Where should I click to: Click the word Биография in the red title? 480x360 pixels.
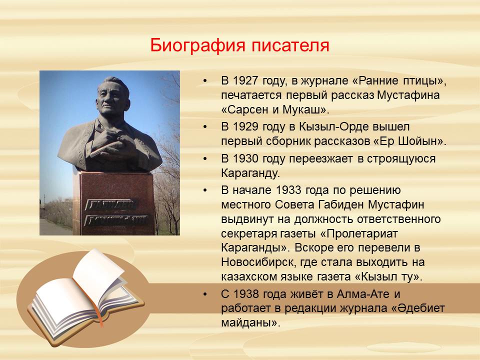coord(198,45)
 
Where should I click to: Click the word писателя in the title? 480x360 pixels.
coord(290,45)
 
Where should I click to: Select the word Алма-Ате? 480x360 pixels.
coord(363,294)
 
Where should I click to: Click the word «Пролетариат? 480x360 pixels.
coord(359,234)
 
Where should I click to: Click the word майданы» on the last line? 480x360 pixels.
coord(250,323)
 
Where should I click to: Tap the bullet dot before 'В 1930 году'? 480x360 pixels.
coord(205,158)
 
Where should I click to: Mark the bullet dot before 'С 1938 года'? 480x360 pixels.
coord(205,294)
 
